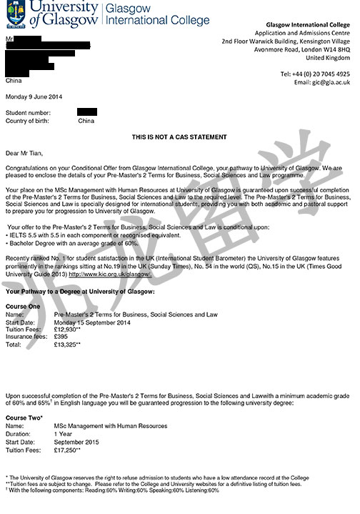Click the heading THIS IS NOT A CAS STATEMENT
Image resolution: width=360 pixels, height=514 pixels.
(179, 137)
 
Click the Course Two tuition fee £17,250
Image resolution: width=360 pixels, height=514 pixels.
(69, 450)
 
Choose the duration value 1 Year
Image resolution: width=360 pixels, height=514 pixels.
(63, 434)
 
